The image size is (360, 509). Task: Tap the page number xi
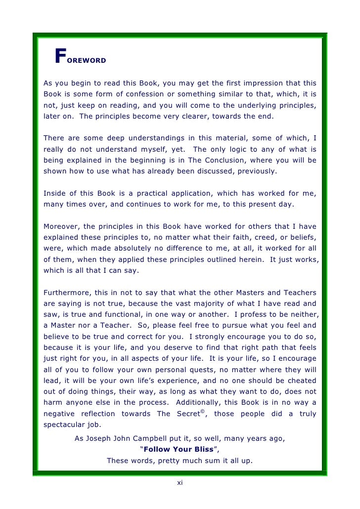coord(180,483)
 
